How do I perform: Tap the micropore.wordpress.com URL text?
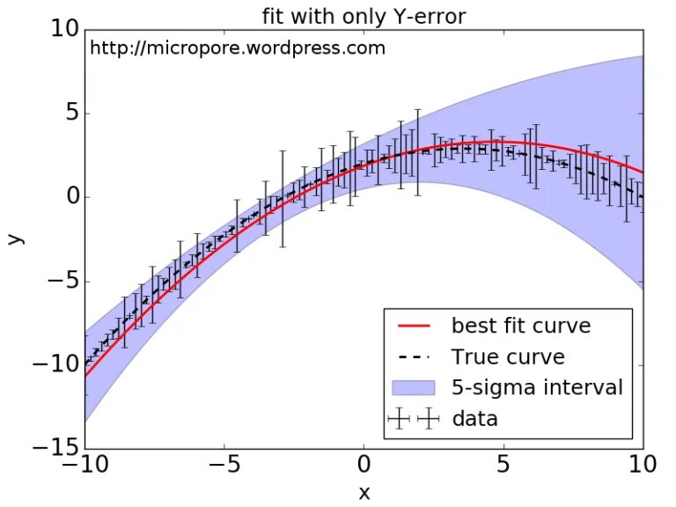(x=238, y=48)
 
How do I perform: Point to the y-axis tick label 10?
(x=62, y=29)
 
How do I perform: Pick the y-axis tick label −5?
(x=62, y=282)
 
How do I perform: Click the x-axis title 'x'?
(x=364, y=493)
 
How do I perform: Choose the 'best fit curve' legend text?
(x=521, y=326)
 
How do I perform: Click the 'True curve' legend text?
(x=508, y=356)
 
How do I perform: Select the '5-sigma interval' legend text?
(x=537, y=387)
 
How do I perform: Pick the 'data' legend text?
(x=474, y=418)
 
